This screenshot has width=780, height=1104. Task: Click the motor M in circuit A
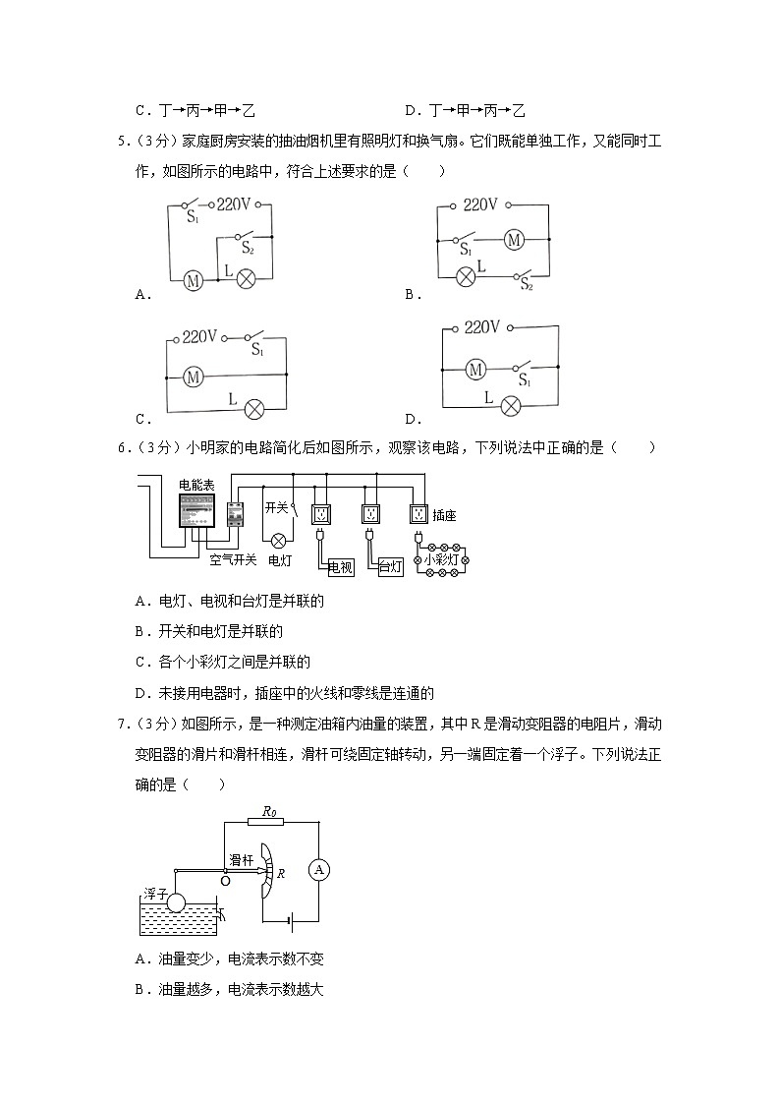193,281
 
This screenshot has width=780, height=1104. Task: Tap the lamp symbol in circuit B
468,276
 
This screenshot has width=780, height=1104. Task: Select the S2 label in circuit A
249,250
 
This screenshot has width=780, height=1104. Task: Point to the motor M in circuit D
476,370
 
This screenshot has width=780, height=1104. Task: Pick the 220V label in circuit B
480,204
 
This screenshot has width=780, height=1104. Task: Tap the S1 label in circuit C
256,349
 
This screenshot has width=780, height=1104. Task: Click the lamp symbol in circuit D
510,404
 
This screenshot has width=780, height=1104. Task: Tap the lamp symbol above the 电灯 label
278,539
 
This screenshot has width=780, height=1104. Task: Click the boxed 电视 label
340,567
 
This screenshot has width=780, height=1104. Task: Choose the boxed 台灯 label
390,567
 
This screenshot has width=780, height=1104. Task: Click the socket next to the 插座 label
419,514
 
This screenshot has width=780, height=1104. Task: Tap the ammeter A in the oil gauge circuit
317,868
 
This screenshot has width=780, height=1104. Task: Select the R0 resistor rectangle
267,823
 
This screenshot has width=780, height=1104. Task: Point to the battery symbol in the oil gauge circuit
286,921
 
